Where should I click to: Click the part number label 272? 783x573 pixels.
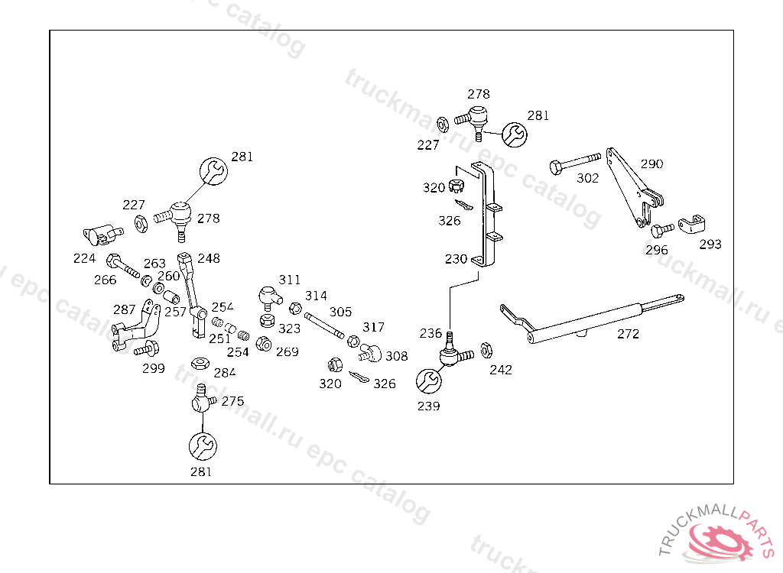click(x=628, y=334)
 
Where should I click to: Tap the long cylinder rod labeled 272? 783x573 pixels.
click(x=589, y=319)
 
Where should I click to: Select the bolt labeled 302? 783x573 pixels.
click(x=574, y=161)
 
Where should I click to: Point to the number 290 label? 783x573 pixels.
click(x=652, y=163)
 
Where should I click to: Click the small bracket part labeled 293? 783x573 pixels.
click(x=691, y=225)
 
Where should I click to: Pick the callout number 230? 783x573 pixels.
click(x=456, y=259)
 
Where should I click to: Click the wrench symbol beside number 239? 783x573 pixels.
click(x=428, y=380)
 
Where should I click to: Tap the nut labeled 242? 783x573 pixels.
click(x=486, y=351)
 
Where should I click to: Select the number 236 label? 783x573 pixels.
click(x=430, y=333)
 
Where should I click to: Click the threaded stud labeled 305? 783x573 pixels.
click(x=327, y=326)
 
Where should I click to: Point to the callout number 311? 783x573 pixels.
click(x=289, y=280)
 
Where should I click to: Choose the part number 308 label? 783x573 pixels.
click(x=396, y=356)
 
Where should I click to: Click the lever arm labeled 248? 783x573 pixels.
click(x=190, y=294)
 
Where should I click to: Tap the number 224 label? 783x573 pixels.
click(x=85, y=258)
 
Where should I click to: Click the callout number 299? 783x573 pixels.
click(x=154, y=368)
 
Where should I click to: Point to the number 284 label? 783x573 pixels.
click(x=225, y=373)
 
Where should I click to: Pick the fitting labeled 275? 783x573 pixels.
click(x=201, y=399)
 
